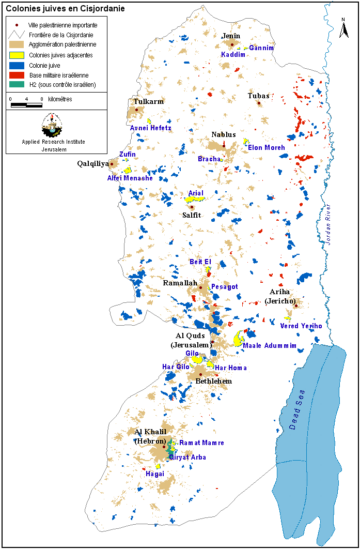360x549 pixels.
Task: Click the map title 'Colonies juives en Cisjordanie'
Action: [x=65, y=9]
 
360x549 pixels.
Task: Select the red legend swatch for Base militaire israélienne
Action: [x=18, y=75]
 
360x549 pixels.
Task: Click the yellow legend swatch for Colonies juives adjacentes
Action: [x=18, y=55]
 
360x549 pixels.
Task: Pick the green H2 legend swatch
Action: [x=18, y=85]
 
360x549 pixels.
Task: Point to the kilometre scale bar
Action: [x=26, y=105]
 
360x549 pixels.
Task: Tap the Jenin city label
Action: [x=231, y=36]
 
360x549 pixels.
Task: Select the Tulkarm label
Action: [x=148, y=101]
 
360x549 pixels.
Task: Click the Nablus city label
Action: [x=223, y=134]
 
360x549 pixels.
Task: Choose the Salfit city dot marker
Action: [x=192, y=207]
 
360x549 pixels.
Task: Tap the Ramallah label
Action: [x=180, y=283]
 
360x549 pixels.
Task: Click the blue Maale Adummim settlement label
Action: [x=270, y=345]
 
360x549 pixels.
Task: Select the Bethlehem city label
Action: [x=213, y=381]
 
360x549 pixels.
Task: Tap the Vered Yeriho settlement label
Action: [x=301, y=326]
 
